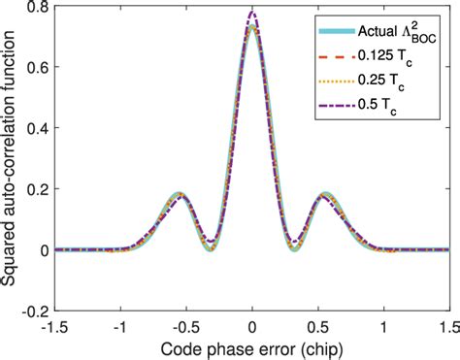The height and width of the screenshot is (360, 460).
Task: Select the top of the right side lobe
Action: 327,194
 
